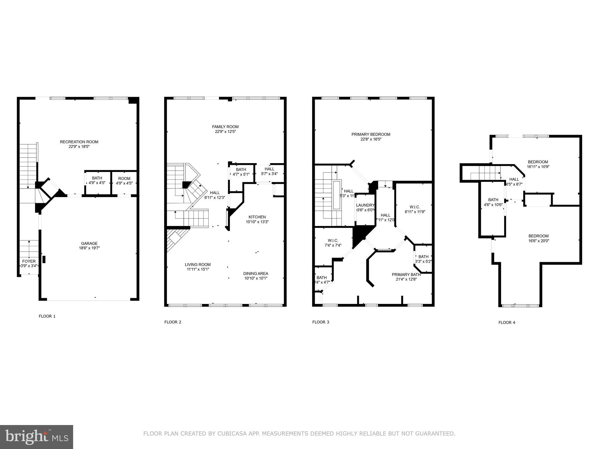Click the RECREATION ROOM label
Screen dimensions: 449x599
coord(79,142)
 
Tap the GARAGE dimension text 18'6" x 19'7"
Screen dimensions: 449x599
coord(89,248)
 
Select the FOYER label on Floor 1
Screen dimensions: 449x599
coord(29,261)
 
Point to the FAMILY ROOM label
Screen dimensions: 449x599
coord(225,127)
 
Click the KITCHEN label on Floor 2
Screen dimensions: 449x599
coord(257,217)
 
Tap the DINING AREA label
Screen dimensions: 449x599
coord(256,274)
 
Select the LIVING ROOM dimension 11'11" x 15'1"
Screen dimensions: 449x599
coord(198,269)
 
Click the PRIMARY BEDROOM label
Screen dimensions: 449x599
coord(371,134)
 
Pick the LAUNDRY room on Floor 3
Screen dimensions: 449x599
coord(365,207)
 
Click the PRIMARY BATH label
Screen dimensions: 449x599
coord(406,274)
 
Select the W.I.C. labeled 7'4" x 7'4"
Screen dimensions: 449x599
coord(333,243)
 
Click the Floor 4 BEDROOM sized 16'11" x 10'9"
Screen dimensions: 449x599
coord(538,164)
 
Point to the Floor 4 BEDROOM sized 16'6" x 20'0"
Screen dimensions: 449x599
coord(538,238)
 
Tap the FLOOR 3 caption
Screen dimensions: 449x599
coord(321,322)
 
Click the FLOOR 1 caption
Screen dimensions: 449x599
coord(47,316)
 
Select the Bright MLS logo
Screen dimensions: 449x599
coord(37,437)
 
